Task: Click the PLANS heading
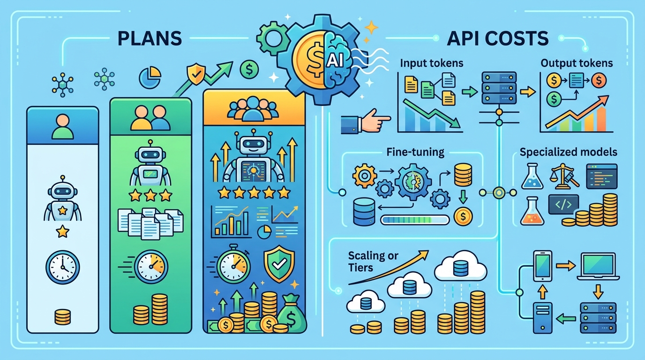point(150,38)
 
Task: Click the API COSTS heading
point(497,38)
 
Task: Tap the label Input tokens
point(432,63)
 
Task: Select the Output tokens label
point(577,63)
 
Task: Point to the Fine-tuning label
point(415,152)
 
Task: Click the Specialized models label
point(569,152)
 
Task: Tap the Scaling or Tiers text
point(373,262)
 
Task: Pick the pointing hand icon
point(366,121)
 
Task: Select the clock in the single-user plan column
point(62,267)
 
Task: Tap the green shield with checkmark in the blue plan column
point(279,264)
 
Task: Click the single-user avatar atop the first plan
point(62,127)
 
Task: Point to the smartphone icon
point(542,266)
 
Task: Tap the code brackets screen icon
point(563,204)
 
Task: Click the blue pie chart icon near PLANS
point(150,77)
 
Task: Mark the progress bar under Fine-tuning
point(415,220)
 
